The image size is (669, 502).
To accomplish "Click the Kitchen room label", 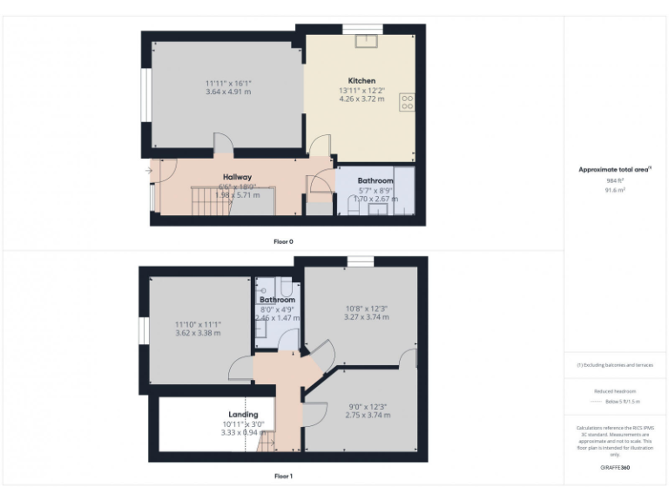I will [362, 81].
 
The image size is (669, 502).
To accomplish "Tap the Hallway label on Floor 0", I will [237, 177].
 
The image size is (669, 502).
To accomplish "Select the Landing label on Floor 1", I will [243, 415].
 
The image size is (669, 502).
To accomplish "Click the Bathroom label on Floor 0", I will [375, 181].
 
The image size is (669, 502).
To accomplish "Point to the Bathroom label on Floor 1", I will [277, 300].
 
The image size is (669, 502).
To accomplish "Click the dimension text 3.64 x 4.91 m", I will [228, 91].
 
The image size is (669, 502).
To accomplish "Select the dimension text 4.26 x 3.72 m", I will [361, 98].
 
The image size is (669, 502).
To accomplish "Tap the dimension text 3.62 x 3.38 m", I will [198, 333].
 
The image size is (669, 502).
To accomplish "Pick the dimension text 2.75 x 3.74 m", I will [367, 417].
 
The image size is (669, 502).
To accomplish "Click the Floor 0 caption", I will [284, 241].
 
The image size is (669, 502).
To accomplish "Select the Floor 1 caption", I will [284, 476].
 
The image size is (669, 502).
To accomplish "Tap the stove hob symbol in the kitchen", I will [406, 102].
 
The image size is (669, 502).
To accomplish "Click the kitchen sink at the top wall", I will [366, 38].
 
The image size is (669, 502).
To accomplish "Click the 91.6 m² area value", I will [615, 189].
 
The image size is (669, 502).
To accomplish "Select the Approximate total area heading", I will [614, 169].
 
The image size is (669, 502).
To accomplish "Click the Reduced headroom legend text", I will [615, 391].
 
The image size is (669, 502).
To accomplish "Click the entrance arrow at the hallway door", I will [150, 171].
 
